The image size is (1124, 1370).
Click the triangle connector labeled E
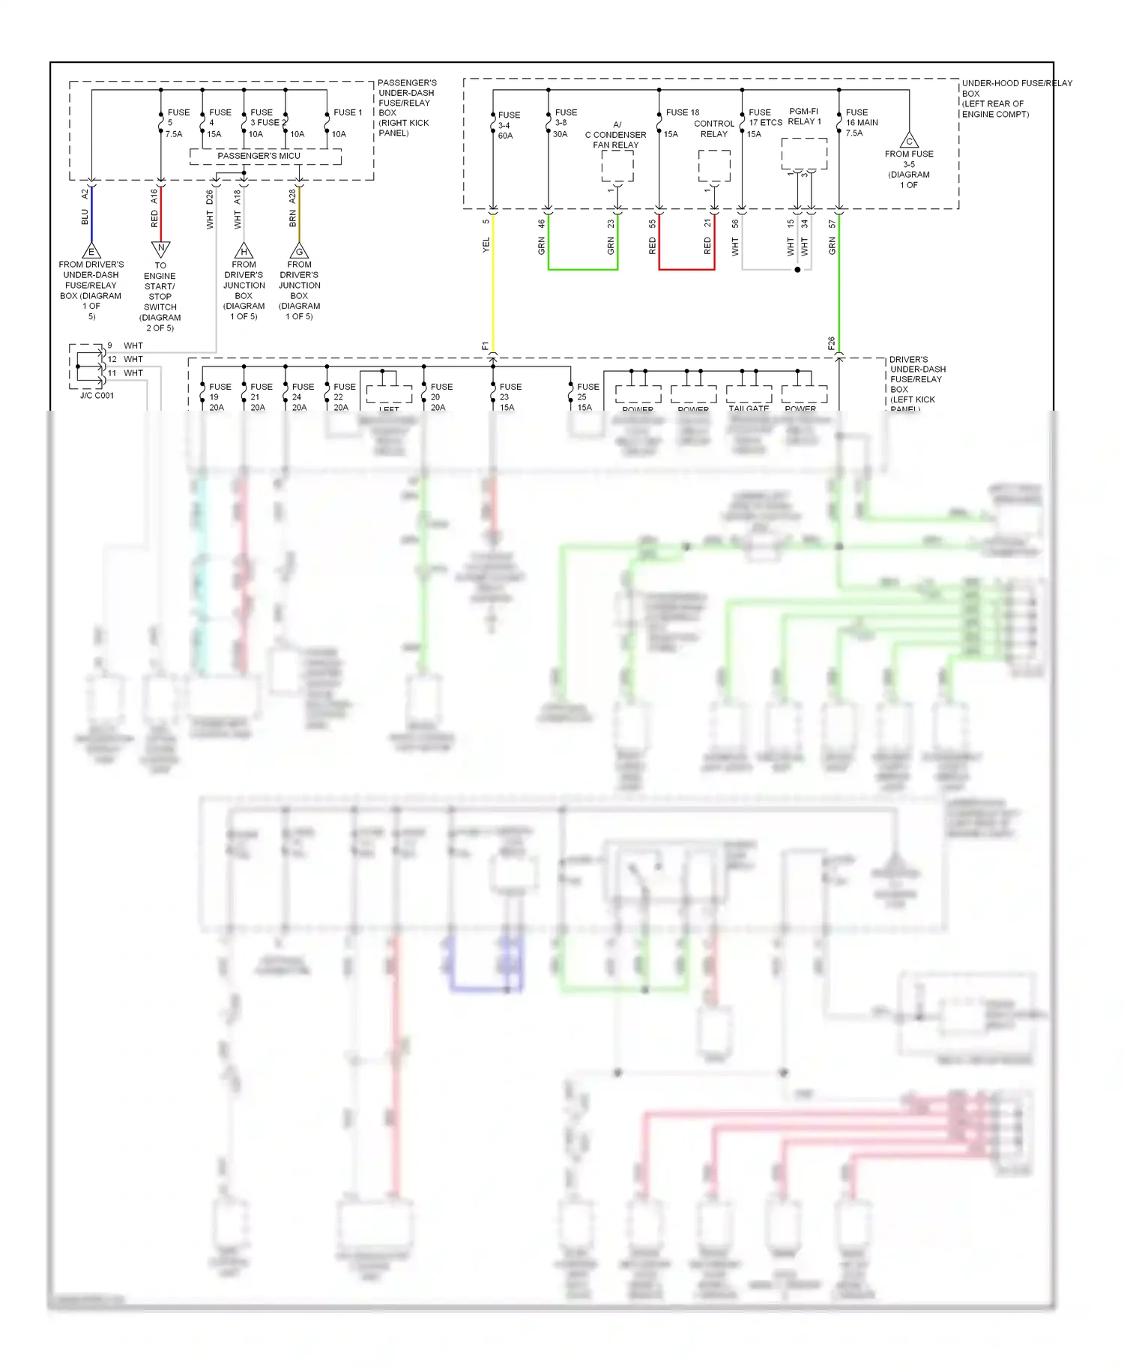pyautogui.click(x=91, y=251)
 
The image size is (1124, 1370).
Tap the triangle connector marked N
pyautogui.click(x=161, y=248)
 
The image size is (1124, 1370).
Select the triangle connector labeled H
pyautogui.click(x=244, y=251)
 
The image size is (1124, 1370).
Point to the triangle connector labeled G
pyautogui.click(x=299, y=251)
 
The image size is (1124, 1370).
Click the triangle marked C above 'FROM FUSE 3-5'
pyautogui.click(x=909, y=140)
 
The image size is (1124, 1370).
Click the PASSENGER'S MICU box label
pyautogui.click(x=259, y=156)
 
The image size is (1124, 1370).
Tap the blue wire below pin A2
pyautogui.click(x=91, y=217)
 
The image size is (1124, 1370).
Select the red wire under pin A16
pyautogui.click(x=161, y=214)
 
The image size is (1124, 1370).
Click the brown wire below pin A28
pyautogui.click(x=299, y=217)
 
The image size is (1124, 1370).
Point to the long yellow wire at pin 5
pyautogui.click(x=493, y=285)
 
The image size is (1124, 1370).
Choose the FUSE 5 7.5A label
pyautogui.click(x=176, y=123)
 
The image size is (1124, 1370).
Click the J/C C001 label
pyautogui.click(x=97, y=396)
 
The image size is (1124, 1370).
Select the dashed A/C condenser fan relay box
pyautogui.click(x=617, y=166)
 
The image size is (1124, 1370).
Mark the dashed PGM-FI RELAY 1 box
pyautogui.click(x=804, y=154)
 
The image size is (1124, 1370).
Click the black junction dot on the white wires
pyautogui.click(x=797, y=270)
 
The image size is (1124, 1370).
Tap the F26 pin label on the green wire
pyautogui.click(x=831, y=343)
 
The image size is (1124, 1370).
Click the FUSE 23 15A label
pyautogui.click(x=510, y=397)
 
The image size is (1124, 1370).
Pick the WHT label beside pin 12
pyautogui.click(x=133, y=360)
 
